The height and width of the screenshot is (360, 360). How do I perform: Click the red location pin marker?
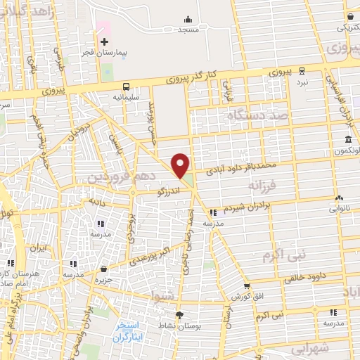point(181,165)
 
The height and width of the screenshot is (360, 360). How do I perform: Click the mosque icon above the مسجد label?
point(187,20)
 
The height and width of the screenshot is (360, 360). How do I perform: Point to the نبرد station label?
point(302,82)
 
